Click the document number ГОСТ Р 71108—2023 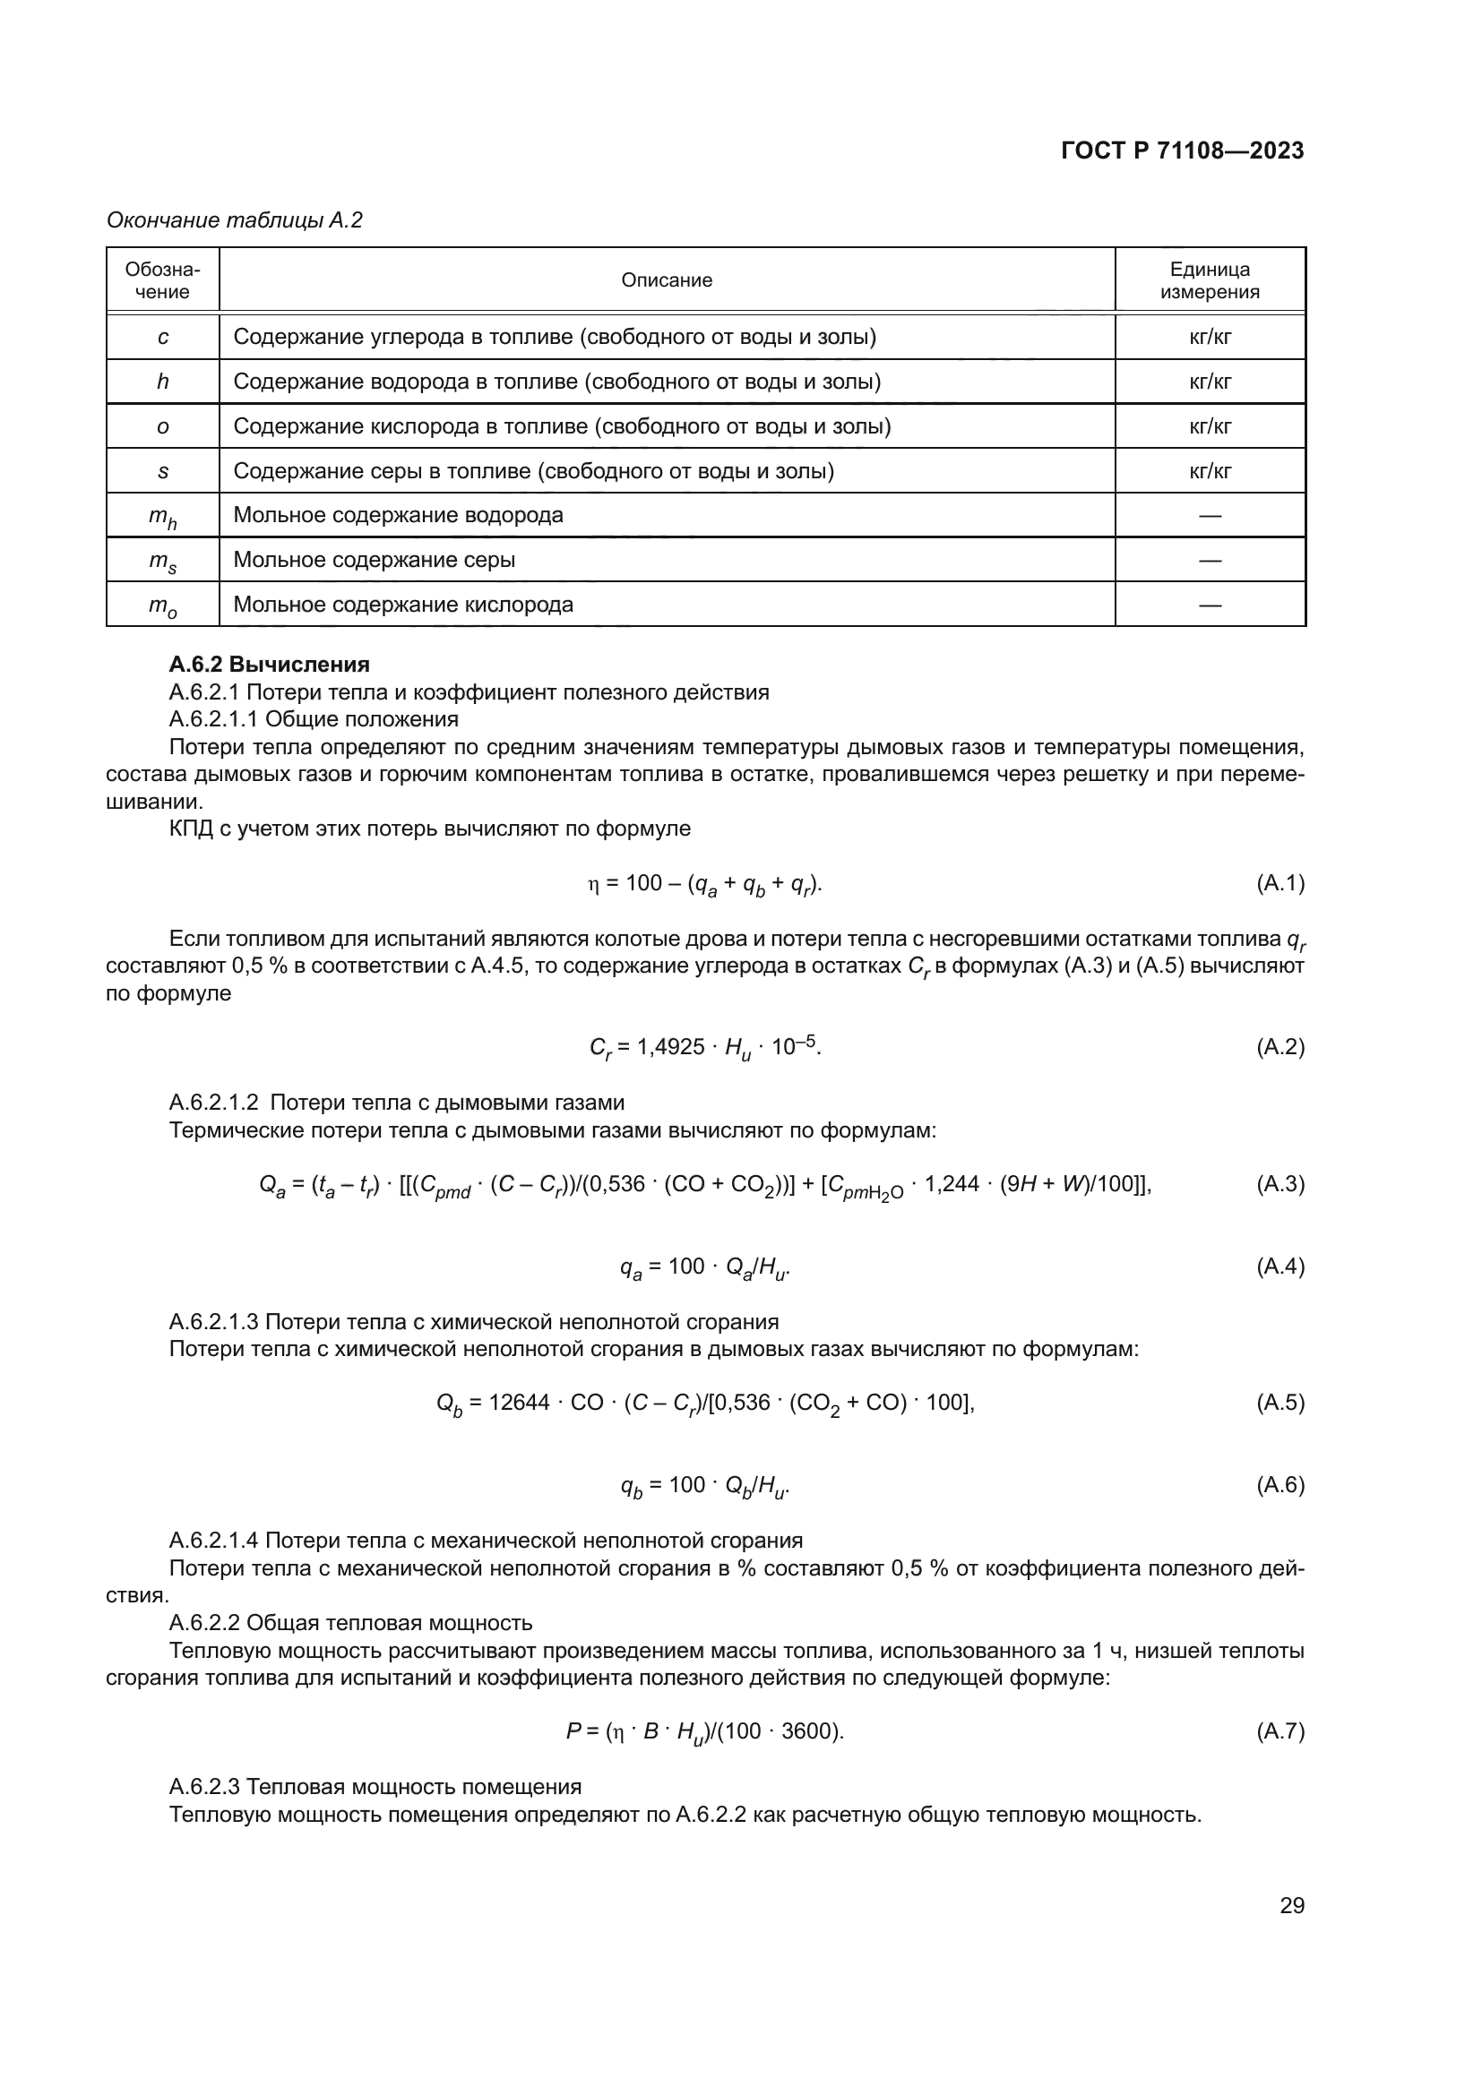click(1182, 150)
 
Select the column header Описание click(666, 280)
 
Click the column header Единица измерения click(1209, 280)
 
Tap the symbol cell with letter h click(162, 382)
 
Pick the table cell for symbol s click(162, 471)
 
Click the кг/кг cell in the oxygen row click(1209, 426)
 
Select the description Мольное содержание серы click(375, 559)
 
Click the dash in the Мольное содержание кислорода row click(1209, 605)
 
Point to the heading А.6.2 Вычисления click(269, 665)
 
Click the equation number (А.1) click(1280, 883)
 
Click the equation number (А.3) click(1280, 1184)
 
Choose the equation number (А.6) click(1280, 1484)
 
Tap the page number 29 click(1291, 1905)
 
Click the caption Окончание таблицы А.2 click(235, 220)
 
